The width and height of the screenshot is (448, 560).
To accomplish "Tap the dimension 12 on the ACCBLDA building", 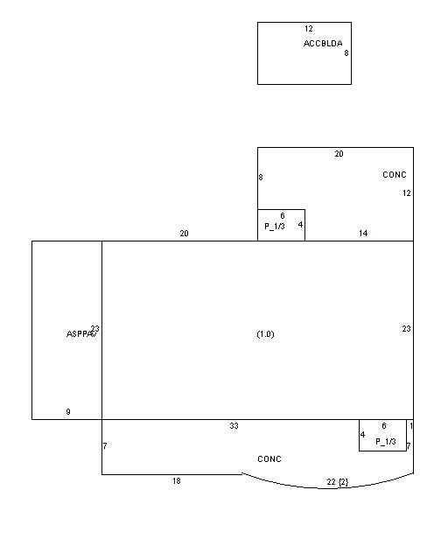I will (308, 29).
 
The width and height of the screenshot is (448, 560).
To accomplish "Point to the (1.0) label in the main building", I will (265, 334).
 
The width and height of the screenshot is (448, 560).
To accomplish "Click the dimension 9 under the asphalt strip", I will (68, 411).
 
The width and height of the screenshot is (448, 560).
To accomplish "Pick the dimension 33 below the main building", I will (234, 426).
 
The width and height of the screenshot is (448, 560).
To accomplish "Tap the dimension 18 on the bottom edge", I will (176, 481).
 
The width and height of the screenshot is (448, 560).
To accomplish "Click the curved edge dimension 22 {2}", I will (337, 482).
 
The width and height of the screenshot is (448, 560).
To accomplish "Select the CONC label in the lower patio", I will (269, 459).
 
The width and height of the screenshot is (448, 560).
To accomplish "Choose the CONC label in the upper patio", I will (395, 175).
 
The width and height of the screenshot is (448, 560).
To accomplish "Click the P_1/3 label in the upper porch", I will (275, 226).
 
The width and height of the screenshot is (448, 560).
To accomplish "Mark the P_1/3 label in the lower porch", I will (386, 442).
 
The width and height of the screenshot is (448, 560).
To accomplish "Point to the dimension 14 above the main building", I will (362, 234).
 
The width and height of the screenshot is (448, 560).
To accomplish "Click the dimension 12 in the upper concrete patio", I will (406, 193).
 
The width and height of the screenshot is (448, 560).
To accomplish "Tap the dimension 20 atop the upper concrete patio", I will (339, 154).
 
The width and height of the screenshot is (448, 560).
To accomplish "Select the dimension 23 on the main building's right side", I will (406, 329).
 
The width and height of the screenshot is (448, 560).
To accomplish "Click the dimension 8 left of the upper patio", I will (261, 178).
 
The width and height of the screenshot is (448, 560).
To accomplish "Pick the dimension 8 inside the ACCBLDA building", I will (346, 53).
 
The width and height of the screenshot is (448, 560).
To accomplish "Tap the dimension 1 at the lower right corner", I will (410, 426).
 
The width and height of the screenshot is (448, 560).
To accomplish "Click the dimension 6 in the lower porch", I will (383, 426).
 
